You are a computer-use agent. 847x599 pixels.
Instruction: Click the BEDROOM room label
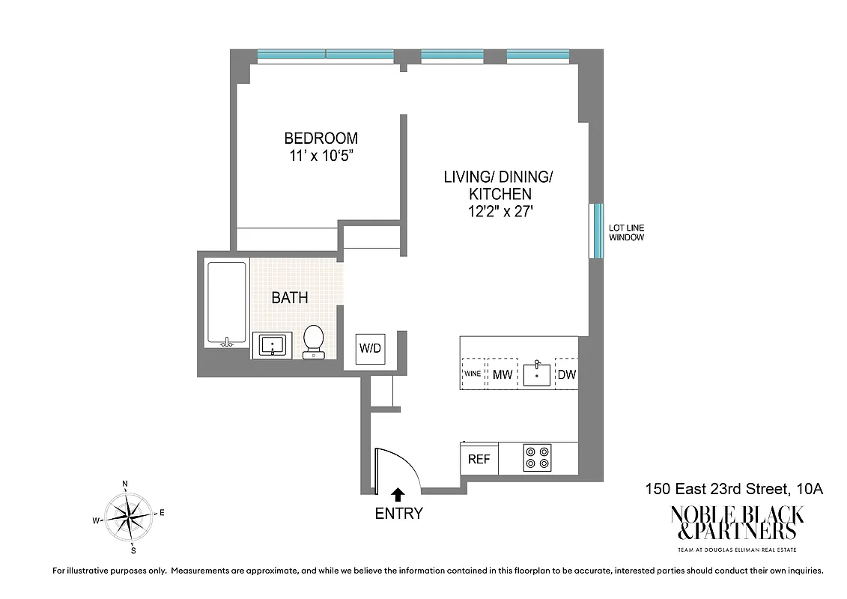[x=321, y=139]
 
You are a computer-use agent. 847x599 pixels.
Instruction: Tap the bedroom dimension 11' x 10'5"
[x=321, y=156]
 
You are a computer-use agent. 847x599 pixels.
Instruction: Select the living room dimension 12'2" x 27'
[x=499, y=212]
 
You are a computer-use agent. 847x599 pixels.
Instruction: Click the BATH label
[x=290, y=298]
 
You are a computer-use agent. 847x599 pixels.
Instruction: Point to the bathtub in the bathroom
[x=226, y=304]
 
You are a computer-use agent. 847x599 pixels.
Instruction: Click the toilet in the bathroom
[x=313, y=341]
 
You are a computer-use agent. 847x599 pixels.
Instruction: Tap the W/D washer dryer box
[x=370, y=349]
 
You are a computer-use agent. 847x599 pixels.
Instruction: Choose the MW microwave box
[x=502, y=374]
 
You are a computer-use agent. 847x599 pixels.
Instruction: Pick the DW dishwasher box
[x=567, y=374]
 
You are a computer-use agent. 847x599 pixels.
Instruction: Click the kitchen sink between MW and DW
[x=536, y=374]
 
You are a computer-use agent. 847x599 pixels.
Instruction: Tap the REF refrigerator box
[x=479, y=459]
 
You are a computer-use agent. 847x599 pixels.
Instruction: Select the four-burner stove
[x=537, y=457]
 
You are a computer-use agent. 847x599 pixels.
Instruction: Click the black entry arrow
[x=398, y=494]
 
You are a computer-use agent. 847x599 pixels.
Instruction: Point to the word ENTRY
[x=398, y=514]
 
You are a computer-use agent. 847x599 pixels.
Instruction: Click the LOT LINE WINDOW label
[x=626, y=232]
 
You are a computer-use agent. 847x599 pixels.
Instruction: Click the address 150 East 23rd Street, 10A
[x=734, y=490]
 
